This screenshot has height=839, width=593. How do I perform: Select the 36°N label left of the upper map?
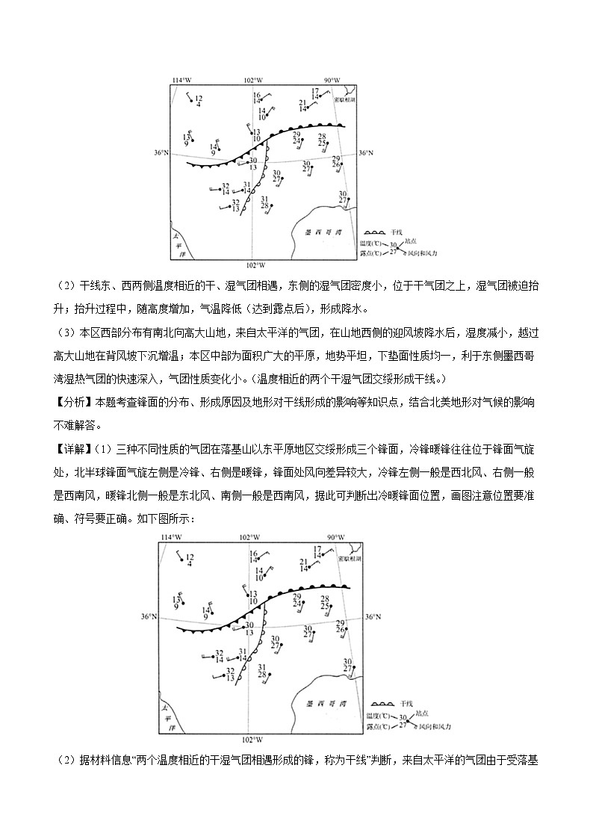(161, 152)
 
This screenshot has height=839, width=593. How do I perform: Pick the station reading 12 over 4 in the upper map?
(198, 100)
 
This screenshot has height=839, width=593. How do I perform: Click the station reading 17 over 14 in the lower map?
(317, 552)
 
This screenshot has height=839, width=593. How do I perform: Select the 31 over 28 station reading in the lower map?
(262, 671)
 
